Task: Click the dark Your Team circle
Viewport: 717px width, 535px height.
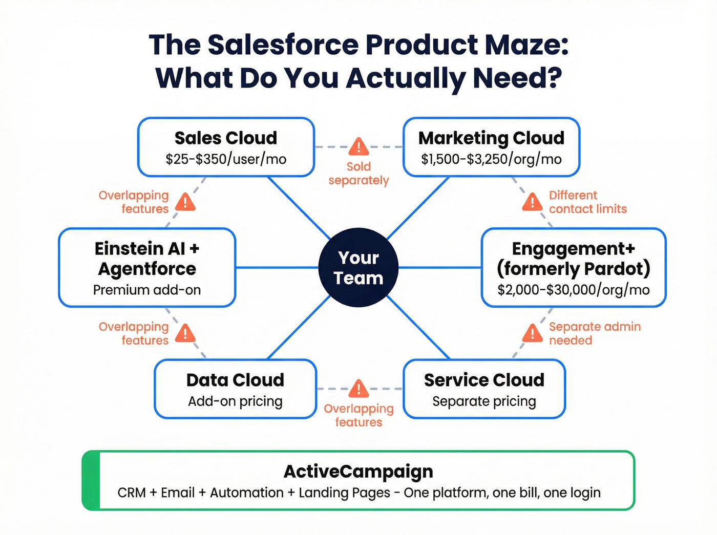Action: [358, 267]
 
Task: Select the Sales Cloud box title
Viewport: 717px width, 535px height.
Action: [226, 138]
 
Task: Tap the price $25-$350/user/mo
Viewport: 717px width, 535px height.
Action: [226, 159]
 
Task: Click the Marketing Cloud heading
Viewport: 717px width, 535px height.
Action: [491, 138]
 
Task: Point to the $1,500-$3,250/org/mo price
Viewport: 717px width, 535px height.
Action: [491, 159]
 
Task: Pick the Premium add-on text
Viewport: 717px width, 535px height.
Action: [147, 290]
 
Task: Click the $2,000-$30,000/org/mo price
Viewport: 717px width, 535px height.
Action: [574, 290]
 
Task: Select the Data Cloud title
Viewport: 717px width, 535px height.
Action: [235, 380]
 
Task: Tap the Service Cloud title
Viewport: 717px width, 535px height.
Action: [484, 380]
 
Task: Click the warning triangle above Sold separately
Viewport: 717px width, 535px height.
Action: [358, 147]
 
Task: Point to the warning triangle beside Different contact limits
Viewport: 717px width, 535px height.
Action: [532, 202]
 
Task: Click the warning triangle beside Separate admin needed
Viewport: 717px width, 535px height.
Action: [532, 334]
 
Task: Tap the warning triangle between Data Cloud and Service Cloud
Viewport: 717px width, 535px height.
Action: [358, 389]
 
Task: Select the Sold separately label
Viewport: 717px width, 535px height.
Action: [358, 174]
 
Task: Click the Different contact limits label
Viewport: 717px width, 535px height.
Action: [587, 202]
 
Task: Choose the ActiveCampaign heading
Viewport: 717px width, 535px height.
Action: [358, 471]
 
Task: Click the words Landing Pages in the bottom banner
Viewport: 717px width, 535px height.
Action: [344, 493]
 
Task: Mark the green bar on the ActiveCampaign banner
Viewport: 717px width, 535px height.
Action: [91, 480]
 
